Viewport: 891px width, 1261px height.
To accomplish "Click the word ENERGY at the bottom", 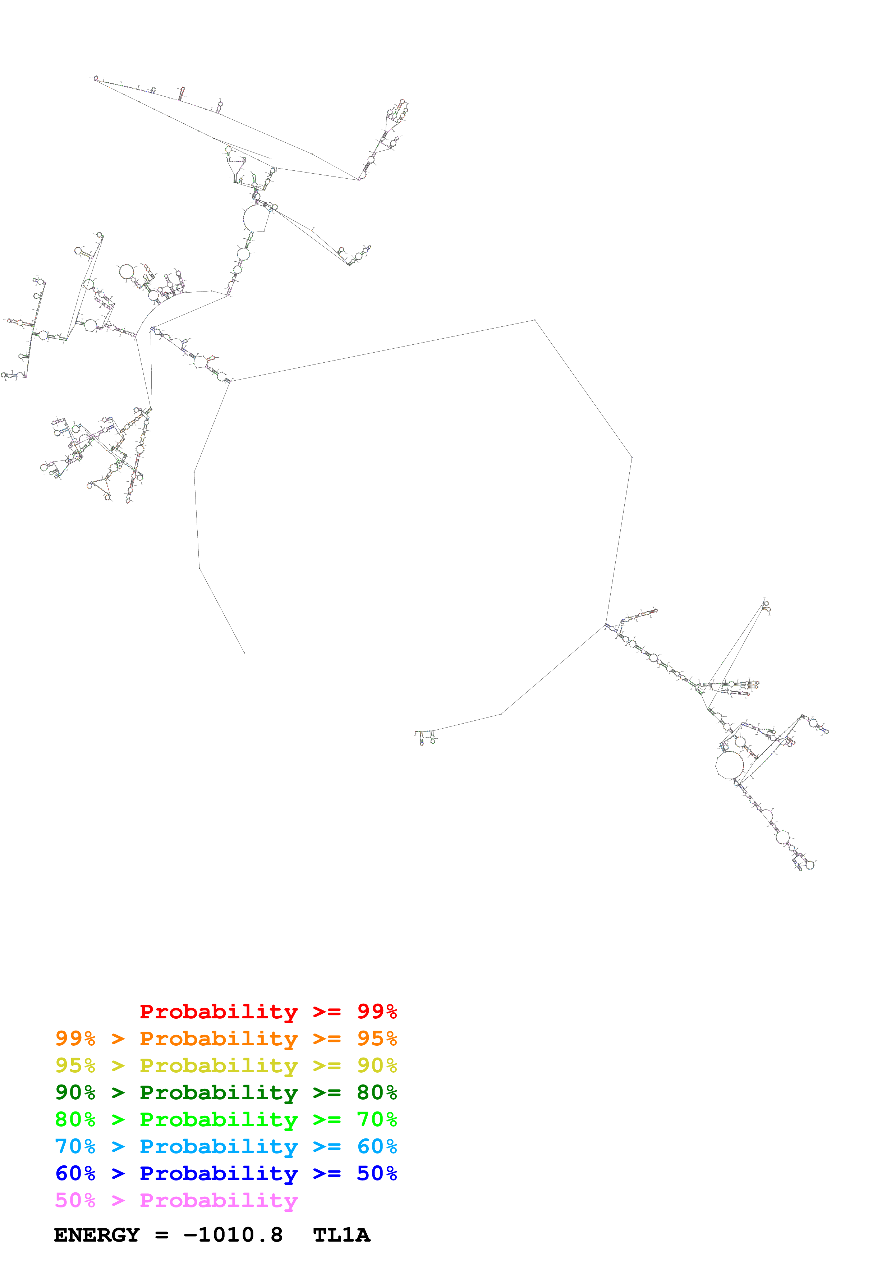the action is [97, 1235].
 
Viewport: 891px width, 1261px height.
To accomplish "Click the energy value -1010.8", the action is [233, 1235].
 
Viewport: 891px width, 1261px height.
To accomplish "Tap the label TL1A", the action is [341, 1235].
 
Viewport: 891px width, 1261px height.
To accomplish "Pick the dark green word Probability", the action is [219, 1092].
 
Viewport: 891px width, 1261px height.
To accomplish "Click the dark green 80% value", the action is [377, 1092].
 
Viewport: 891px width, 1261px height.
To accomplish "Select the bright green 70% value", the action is [377, 1119].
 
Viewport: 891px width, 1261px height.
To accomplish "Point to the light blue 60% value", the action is [377, 1146].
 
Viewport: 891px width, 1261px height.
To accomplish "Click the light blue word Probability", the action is [219, 1146].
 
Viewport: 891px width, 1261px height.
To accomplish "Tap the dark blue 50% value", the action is [377, 1173].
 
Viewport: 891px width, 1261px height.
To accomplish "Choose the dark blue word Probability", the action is [219, 1173].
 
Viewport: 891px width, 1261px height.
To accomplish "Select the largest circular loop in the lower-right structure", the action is [730, 765].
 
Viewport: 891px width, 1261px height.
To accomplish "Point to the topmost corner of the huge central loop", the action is [535, 320].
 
